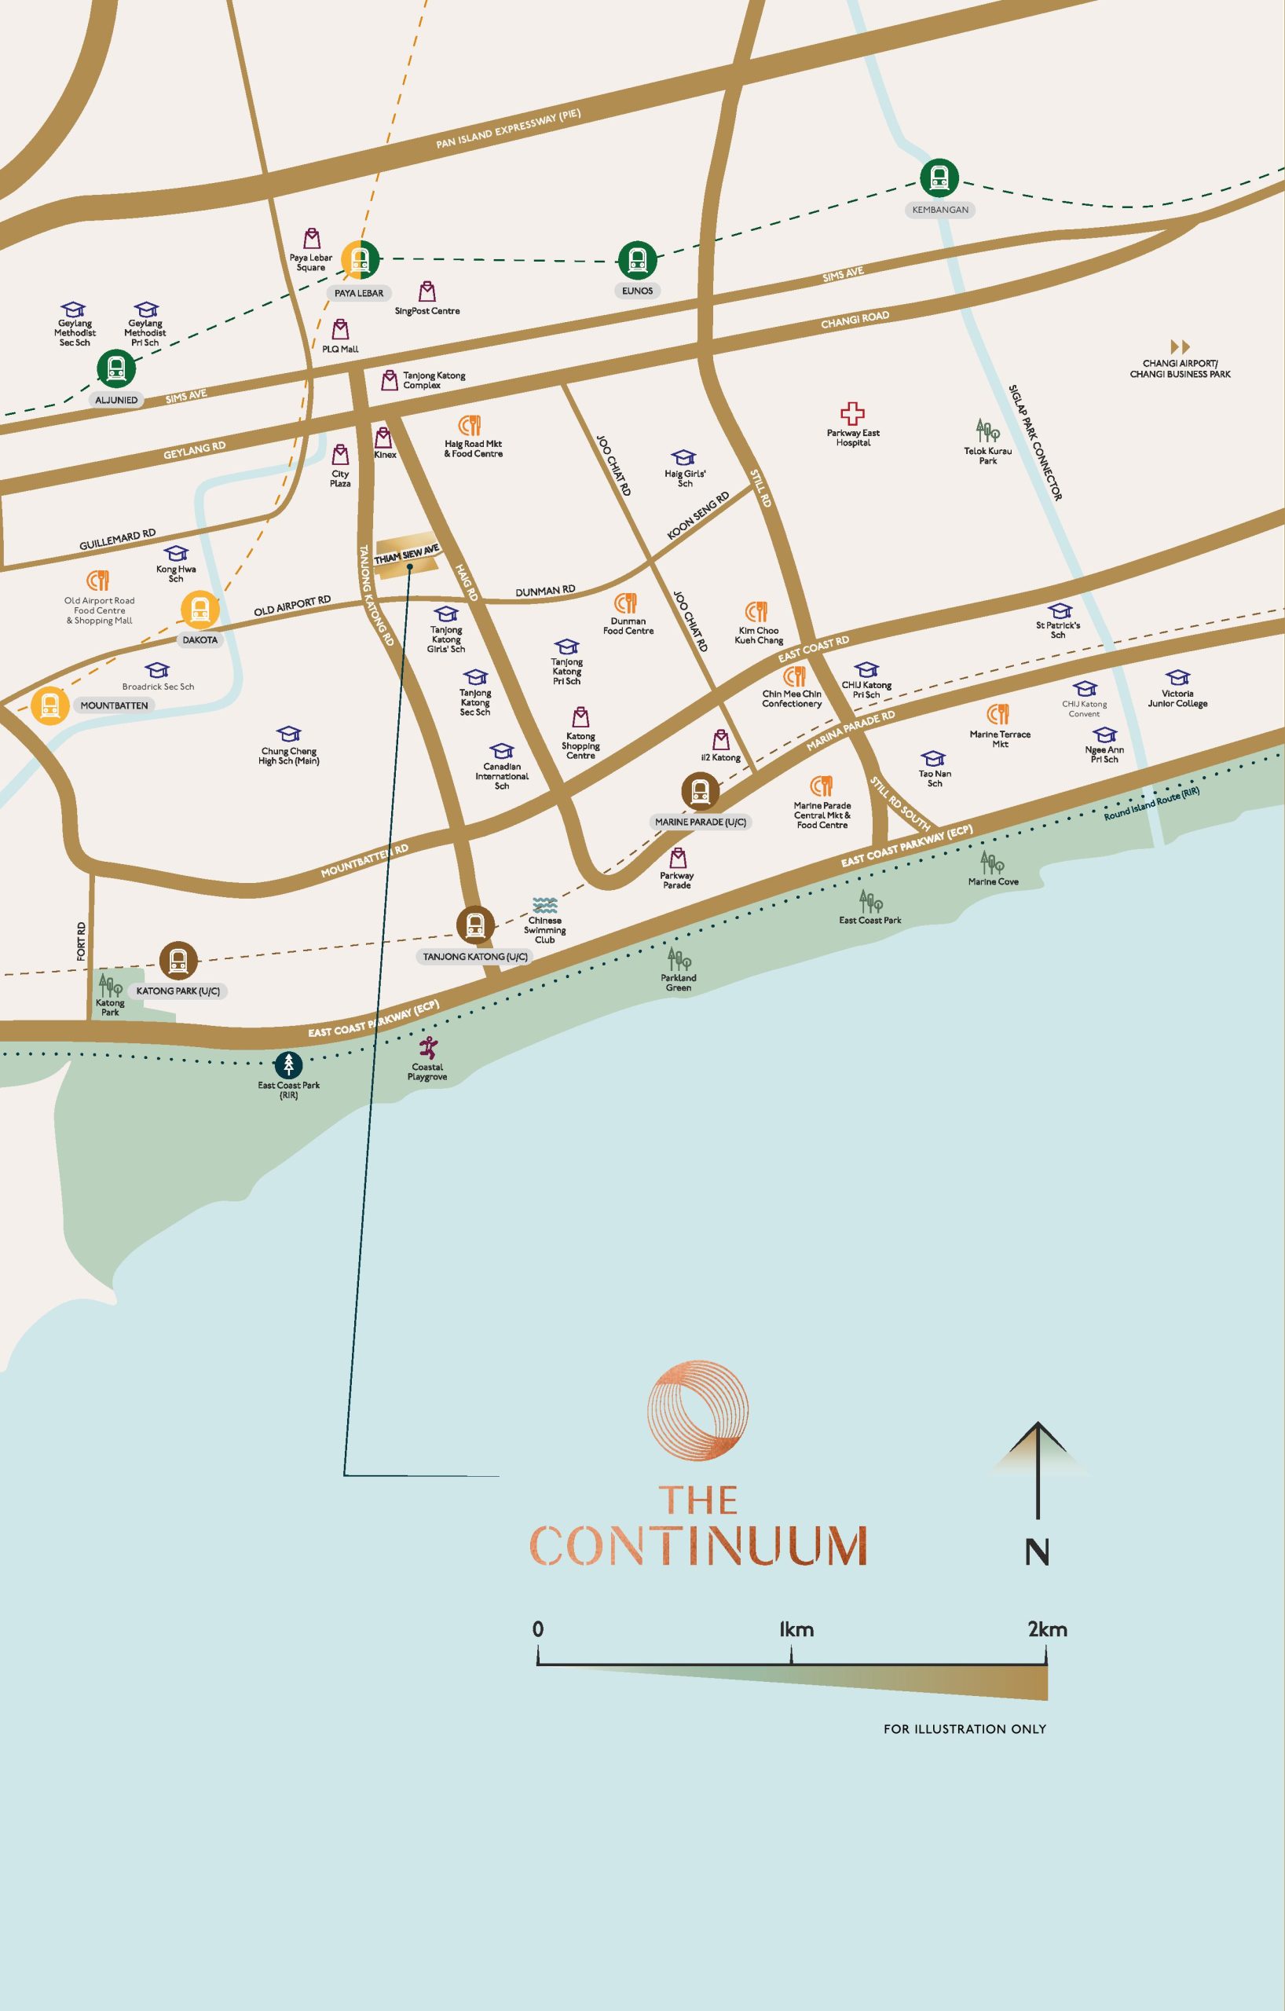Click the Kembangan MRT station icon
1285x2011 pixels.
939,178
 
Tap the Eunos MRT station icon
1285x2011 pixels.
637,260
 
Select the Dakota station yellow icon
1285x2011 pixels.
200,610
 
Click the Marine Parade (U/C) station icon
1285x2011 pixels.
700,791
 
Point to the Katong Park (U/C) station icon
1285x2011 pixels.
178,961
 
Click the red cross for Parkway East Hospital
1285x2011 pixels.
851,413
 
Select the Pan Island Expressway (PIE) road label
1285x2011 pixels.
507,129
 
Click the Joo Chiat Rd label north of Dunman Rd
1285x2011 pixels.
613,465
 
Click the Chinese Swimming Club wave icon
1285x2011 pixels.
544,905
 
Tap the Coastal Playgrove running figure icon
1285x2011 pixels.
427,1048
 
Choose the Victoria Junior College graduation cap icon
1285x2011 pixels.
1177,677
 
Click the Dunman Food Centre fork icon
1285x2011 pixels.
626,603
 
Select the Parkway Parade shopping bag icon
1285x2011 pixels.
678,858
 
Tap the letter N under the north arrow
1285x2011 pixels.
1037,1552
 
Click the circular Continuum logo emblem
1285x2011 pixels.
698,1412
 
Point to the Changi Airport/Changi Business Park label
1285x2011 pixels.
1180,369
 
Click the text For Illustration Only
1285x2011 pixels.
965,1729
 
